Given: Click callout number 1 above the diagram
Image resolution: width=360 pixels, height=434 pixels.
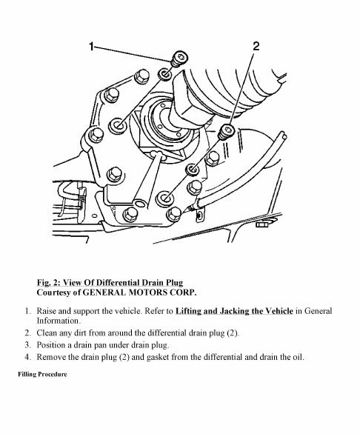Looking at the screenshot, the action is tap(92, 47).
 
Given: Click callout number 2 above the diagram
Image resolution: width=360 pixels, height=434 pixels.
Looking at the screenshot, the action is tap(256, 46).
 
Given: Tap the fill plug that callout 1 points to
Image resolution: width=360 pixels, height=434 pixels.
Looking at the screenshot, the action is tap(179, 59).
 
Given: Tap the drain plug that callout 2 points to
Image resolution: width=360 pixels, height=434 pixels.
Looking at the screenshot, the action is tap(227, 132).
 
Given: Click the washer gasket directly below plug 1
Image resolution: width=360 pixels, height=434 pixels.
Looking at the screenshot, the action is tap(165, 74).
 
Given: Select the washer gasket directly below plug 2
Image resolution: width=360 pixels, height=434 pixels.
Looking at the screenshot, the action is tap(193, 170).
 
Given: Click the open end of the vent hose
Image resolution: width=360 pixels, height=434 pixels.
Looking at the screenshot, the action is tap(283, 136).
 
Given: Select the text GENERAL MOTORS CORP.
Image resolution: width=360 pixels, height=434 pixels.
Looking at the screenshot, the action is tap(139, 293).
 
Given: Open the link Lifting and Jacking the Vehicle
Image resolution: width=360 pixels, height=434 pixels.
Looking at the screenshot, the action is tap(234, 311).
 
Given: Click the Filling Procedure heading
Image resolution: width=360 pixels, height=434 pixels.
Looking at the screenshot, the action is tap(42, 374).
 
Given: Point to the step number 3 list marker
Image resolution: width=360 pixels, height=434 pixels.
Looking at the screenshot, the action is tap(27, 345).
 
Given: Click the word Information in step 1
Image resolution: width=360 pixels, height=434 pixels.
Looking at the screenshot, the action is tap(59, 321).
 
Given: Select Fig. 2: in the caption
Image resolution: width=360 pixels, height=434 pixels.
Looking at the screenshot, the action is tap(48, 283).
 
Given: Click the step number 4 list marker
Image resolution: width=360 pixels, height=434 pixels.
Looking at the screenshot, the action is tap(27, 357).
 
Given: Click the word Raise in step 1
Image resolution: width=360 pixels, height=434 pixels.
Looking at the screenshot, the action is tap(46, 311).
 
